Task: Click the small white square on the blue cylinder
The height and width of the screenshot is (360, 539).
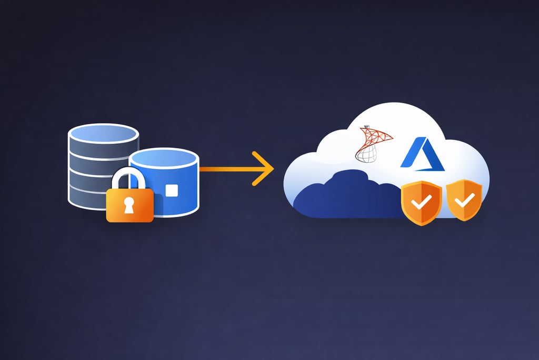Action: (171, 191)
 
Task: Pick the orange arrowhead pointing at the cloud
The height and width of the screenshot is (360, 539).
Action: (263, 168)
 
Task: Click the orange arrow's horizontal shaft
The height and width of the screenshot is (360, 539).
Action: (226, 169)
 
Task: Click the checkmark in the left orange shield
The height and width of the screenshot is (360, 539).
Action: (421, 202)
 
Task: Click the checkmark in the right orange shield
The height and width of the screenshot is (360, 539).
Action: (464, 199)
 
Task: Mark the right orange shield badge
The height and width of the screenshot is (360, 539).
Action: (464, 200)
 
